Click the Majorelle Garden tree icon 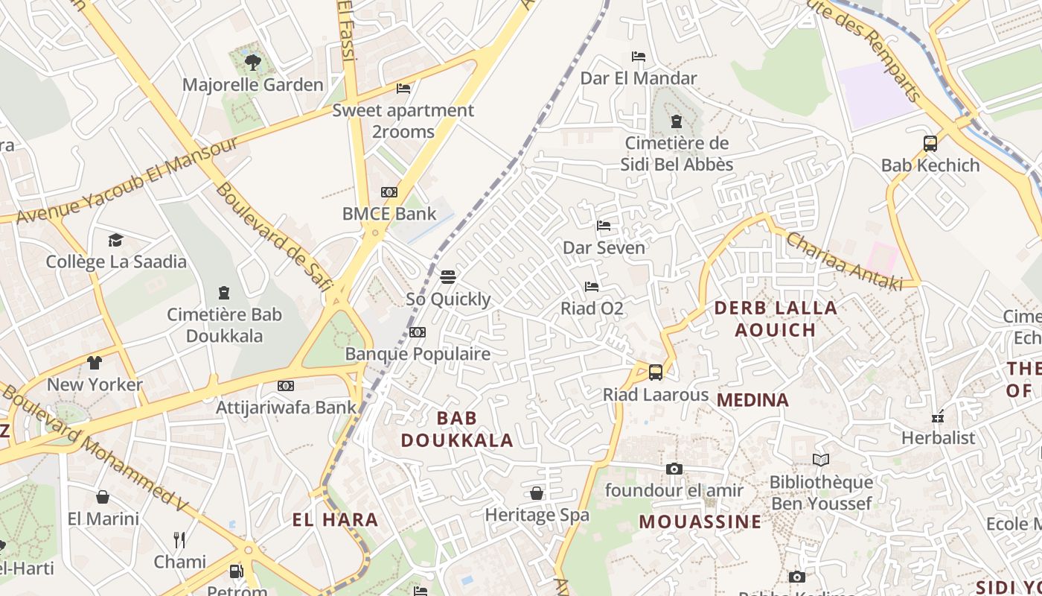coord(253,62)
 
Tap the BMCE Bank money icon coord(389,192)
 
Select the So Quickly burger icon coord(448,277)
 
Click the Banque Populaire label coord(418,354)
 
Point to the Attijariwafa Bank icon coord(286,386)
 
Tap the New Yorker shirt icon coord(95,363)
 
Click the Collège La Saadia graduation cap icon coord(115,240)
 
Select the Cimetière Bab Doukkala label coord(224,325)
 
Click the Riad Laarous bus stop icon coord(656,372)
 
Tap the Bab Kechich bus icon coord(930,144)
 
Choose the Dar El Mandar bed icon coord(638,57)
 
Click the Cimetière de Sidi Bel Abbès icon coord(677,121)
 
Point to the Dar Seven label coord(604,247)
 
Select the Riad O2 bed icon coord(592,286)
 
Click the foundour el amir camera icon coord(674,469)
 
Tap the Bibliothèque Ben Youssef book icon coord(821,460)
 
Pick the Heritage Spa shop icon coord(537,493)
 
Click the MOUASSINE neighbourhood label coord(700,521)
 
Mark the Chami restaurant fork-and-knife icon coord(179,539)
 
